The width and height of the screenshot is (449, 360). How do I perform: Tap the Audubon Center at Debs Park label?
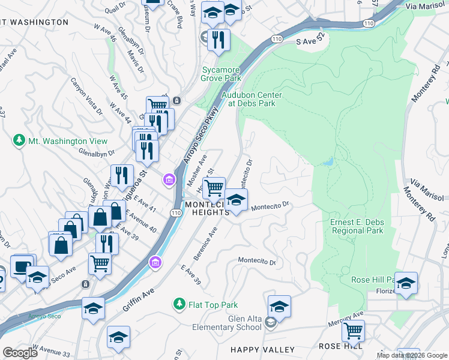tap(252, 99)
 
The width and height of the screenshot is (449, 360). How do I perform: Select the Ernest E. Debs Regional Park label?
tap(357, 226)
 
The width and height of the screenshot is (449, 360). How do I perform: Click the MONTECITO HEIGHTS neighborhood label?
tap(207, 208)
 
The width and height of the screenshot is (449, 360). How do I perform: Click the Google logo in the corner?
tap(20, 353)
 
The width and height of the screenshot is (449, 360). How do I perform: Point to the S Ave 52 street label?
tap(310, 43)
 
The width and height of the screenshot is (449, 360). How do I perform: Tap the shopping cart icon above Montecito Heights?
tap(213, 188)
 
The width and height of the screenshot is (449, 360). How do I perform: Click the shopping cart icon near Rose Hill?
tap(353, 331)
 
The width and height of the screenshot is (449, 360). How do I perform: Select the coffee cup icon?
tap(22, 266)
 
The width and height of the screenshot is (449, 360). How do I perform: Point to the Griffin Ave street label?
tap(139, 292)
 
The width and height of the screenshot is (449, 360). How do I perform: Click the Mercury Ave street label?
tap(346, 319)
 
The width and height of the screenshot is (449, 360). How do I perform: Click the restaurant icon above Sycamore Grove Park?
tap(218, 40)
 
